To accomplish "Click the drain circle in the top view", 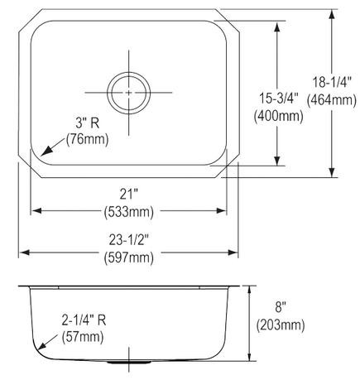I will click(x=129, y=88).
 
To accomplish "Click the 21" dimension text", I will click(x=129, y=195).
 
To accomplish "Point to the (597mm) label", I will click(x=129, y=257).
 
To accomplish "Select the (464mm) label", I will click(x=331, y=100).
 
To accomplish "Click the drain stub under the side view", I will click(x=128, y=363).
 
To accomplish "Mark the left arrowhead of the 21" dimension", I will click(x=35, y=210).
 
